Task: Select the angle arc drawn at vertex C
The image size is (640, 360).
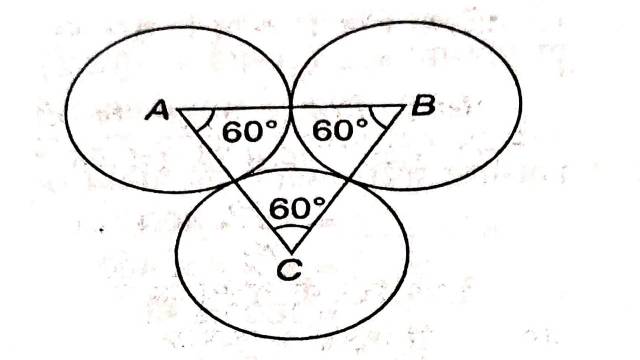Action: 291,230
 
